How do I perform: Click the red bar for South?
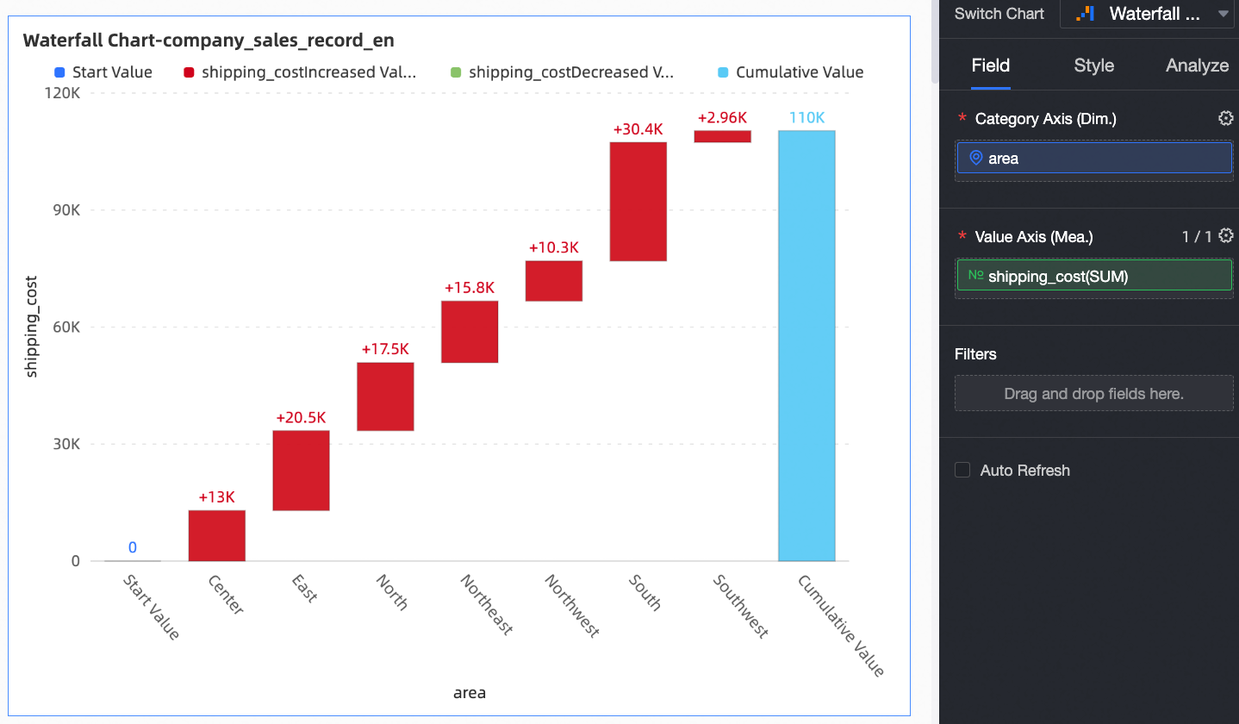638,201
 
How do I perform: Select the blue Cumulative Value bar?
806,345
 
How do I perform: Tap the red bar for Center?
217,535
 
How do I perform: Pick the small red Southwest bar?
723,136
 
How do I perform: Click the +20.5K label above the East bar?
301,418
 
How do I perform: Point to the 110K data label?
806,118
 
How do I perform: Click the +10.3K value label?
554,248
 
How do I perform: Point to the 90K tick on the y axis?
64,209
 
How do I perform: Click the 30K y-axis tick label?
64,444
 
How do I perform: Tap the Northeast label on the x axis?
487,605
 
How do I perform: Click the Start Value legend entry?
103,72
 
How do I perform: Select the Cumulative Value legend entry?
791,72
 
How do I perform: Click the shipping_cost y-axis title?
32,327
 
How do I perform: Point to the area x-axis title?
470,692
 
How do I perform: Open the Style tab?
1093,66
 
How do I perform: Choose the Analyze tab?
1197,66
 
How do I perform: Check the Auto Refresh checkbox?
962,470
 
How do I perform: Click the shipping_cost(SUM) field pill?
1093,276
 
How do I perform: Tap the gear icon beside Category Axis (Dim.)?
1225,118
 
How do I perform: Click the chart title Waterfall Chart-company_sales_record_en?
209,41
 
